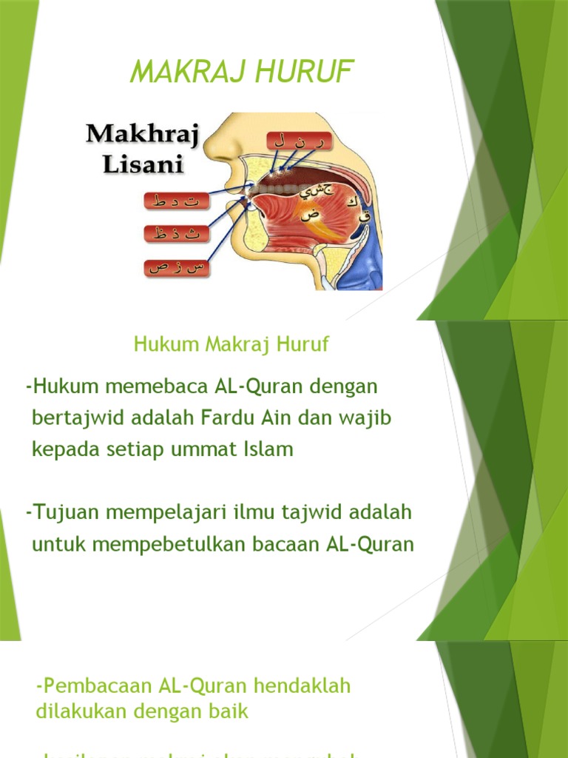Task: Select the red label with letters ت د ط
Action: (x=176, y=201)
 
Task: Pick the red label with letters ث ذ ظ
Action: (x=176, y=234)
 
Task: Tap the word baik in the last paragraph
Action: (x=229, y=712)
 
